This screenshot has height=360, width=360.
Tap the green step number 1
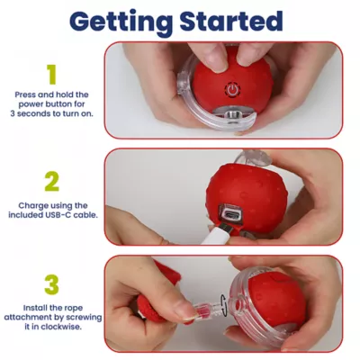point(51,74)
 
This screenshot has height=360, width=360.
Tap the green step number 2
point(51,183)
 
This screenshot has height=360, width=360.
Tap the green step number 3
point(51,285)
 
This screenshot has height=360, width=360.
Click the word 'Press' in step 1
point(26,94)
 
